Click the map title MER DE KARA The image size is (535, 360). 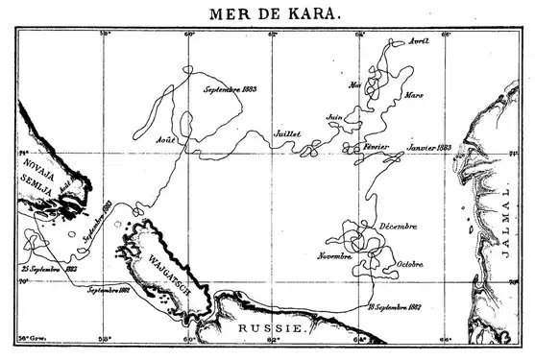click(x=267, y=13)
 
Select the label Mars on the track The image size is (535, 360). click(x=414, y=95)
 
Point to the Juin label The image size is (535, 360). click(x=334, y=117)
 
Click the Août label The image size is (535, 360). click(x=166, y=140)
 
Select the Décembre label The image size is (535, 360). click(x=397, y=226)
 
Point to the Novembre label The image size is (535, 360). click(x=334, y=256)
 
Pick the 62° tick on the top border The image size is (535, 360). click(x=273, y=34)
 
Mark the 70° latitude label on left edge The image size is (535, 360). click(x=22, y=282)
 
